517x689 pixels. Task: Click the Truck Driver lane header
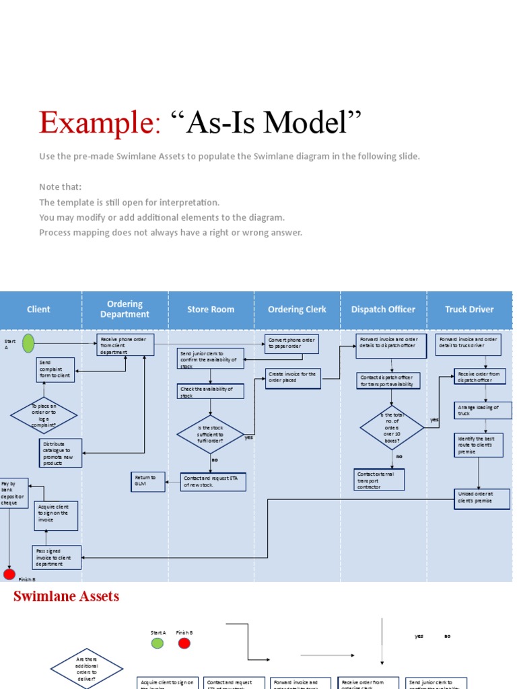[469, 310]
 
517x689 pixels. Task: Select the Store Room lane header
[211, 310]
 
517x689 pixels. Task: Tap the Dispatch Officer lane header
[383, 310]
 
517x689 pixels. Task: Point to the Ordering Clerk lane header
[297, 310]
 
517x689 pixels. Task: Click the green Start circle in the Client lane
[28, 343]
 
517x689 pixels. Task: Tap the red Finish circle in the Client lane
[9, 574]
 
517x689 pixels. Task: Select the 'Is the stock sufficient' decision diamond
[211, 435]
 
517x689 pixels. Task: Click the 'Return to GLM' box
[147, 481]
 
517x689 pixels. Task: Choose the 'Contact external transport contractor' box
[380, 480]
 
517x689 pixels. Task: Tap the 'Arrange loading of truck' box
[479, 410]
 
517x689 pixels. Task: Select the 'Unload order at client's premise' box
[481, 498]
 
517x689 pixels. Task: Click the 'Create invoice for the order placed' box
[293, 378]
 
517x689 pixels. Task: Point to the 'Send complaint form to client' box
[55, 369]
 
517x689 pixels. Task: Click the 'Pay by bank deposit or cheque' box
[13, 493]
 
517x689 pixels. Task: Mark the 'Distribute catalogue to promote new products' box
[61, 454]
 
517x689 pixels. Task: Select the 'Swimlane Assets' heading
[67, 596]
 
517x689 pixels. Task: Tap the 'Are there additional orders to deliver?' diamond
[87, 667]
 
